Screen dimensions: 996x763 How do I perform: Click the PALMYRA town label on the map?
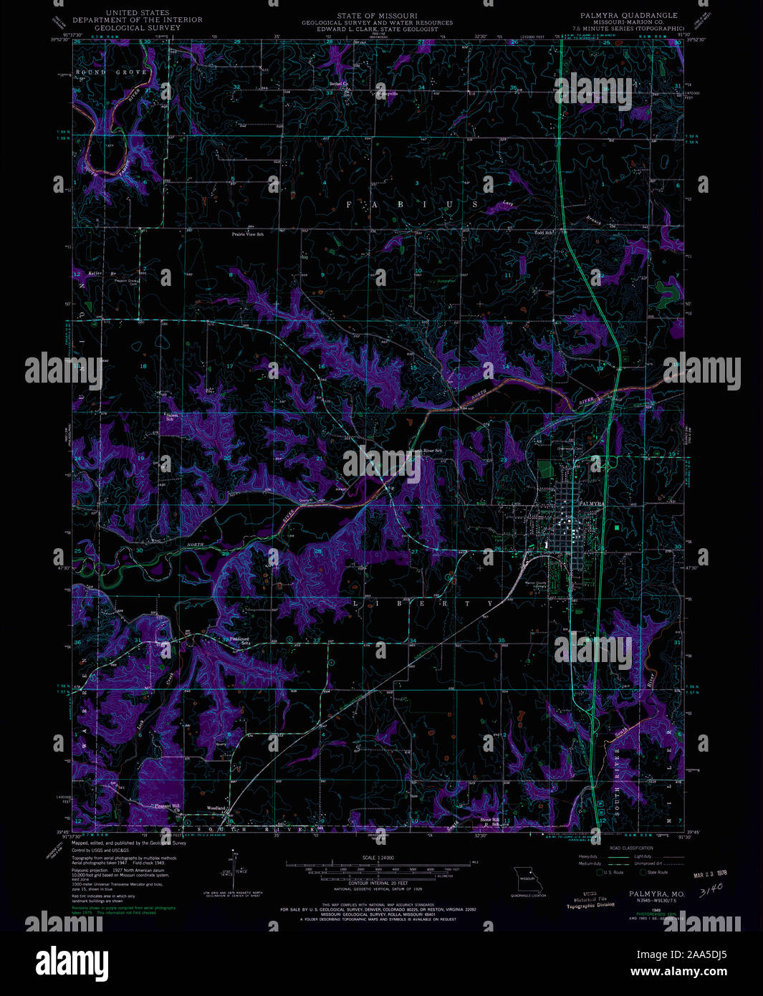[592, 504]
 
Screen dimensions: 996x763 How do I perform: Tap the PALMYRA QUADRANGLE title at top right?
[628, 15]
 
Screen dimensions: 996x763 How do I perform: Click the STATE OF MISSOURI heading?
[377, 15]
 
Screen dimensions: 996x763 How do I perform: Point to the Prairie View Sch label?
[247, 234]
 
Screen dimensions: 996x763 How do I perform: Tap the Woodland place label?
[216, 808]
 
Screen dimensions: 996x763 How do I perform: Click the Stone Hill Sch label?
[491, 821]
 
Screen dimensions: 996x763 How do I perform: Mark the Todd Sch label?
[544, 233]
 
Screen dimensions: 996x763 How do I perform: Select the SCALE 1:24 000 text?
[379, 858]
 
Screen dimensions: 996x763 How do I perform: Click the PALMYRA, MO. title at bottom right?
[656, 894]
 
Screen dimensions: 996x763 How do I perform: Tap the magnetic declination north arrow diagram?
[235, 871]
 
